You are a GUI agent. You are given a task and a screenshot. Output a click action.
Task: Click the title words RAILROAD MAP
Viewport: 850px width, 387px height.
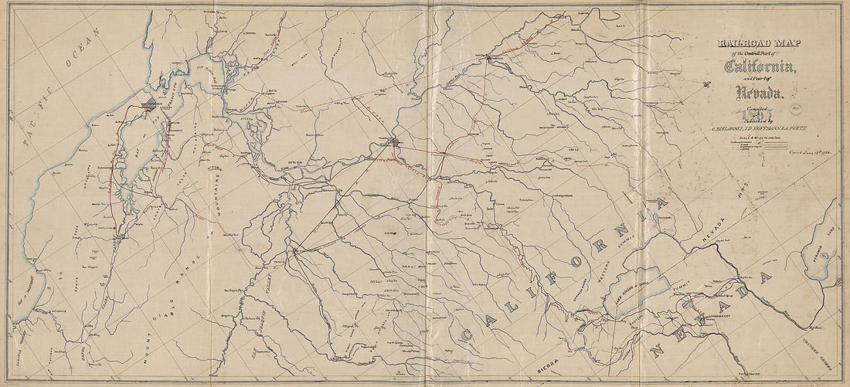point(754,44)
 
